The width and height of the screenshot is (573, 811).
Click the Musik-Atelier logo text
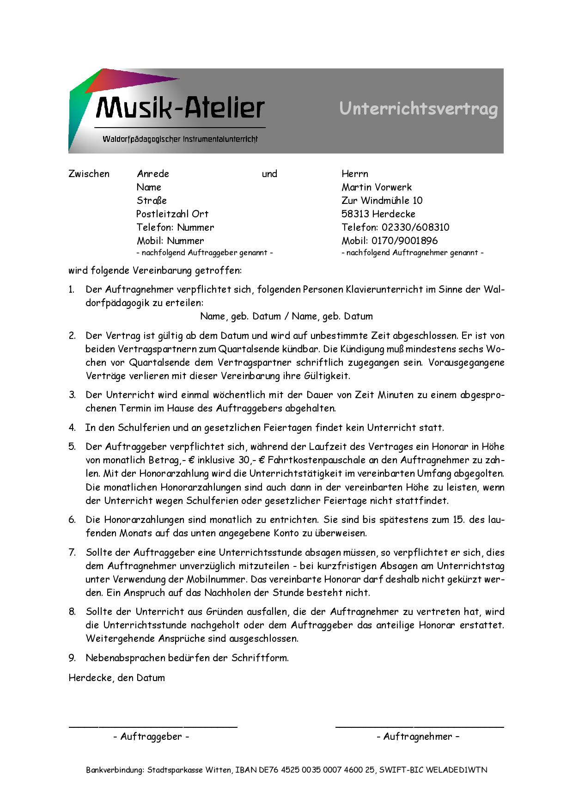coord(180,108)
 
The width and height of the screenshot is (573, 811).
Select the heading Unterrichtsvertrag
coord(419,109)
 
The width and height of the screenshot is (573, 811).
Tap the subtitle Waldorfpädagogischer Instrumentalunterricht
coord(180,139)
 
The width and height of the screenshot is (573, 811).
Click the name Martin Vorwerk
coord(377,187)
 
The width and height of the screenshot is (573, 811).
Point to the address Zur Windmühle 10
coord(382,201)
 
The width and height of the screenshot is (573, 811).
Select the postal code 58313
coord(355,214)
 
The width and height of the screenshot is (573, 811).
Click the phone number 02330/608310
coord(415,227)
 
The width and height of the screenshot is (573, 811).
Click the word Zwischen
coord(89,174)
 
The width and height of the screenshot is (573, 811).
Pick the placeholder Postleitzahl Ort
coord(172,214)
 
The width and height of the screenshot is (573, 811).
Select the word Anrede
coord(153,174)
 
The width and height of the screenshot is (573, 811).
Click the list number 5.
coord(72,447)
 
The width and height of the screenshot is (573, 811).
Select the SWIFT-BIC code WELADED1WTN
coord(457,770)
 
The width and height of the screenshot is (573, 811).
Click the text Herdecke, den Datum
coord(116,678)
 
